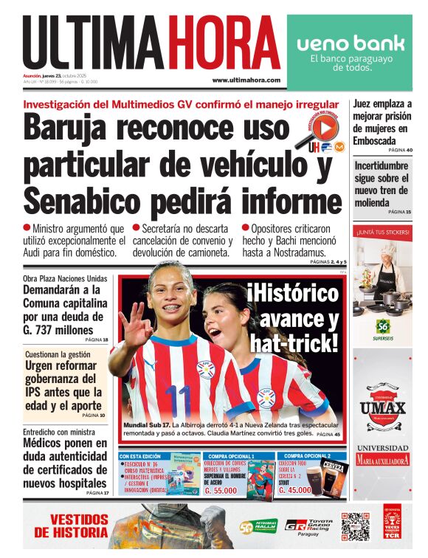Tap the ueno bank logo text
click(351, 43)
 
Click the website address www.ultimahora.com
click(246, 80)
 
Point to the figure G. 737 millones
click(59, 330)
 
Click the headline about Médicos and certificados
click(66, 463)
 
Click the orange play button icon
click(325, 129)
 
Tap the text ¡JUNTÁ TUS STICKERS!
click(382, 232)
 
